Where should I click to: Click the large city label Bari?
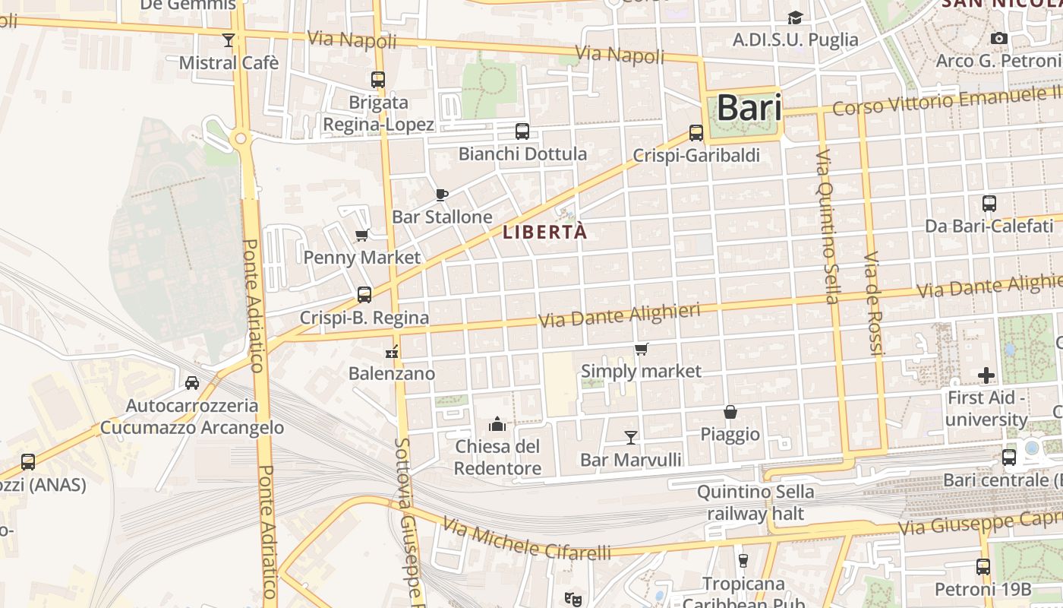(739, 108)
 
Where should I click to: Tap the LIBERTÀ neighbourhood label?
(545, 233)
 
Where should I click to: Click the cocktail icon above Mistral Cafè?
(229, 40)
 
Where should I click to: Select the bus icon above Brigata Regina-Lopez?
(378, 79)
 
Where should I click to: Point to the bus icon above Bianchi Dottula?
(522, 131)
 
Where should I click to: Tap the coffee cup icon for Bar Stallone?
(442, 195)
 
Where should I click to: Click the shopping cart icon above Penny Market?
(362, 235)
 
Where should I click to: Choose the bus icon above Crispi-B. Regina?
(364, 294)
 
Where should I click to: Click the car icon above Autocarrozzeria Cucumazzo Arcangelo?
(192, 382)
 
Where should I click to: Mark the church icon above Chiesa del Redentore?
(497, 423)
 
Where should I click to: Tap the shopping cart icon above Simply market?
(642, 349)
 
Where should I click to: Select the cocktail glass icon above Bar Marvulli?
(630, 437)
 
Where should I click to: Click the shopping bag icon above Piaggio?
(730, 412)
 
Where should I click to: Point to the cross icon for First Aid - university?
(986, 375)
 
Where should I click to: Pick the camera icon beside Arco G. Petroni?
(999, 38)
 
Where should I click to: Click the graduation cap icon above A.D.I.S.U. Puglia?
(795, 17)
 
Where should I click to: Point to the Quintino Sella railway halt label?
(755, 502)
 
